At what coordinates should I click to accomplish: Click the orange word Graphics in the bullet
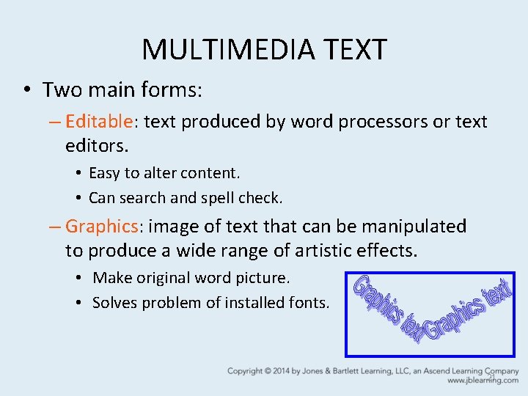coord(102,226)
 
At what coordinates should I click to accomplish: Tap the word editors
coord(96,145)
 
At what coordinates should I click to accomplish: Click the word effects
coord(390,250)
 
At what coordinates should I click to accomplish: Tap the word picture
coord(264,278)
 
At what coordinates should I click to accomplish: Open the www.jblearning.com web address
coord(483,381)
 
